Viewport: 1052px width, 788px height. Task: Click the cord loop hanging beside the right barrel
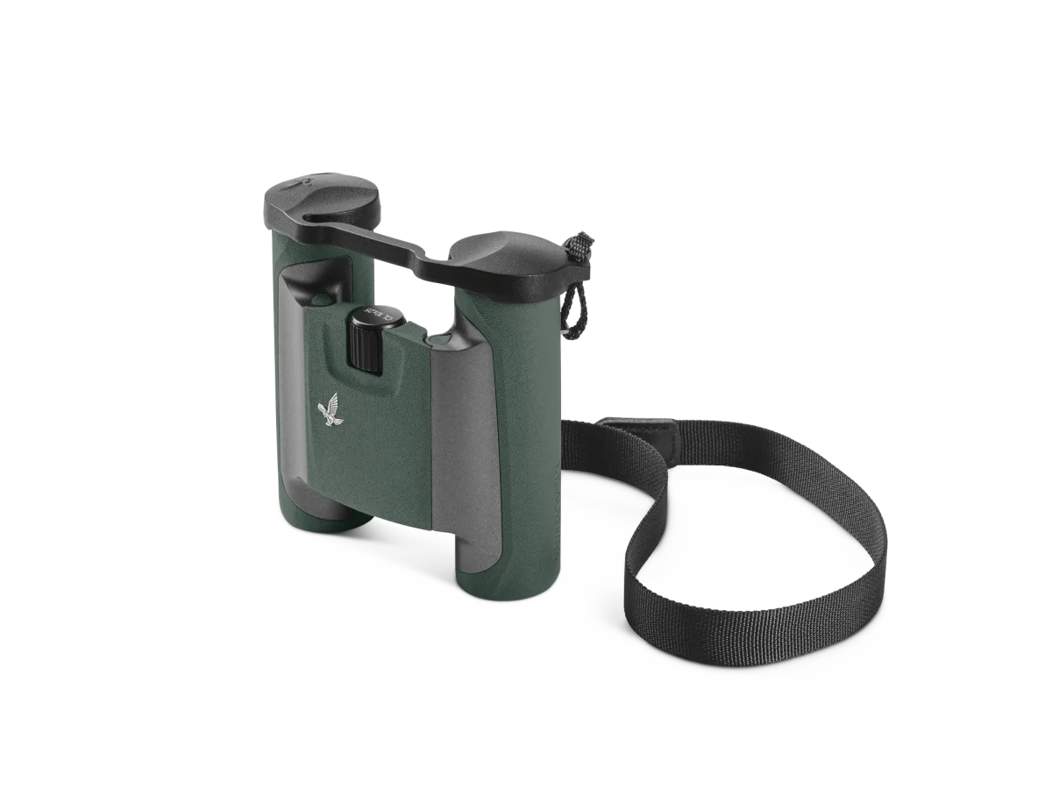573,307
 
